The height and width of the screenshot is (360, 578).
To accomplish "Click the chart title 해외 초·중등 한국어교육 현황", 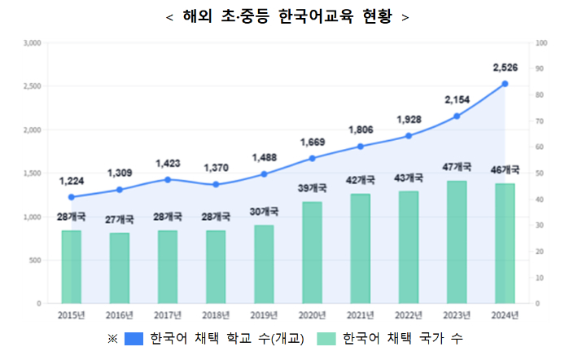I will click(x=287, y=17).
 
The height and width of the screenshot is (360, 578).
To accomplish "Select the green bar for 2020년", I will click(x=312, y=252).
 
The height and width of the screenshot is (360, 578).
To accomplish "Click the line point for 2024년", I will click(x=505, y=84).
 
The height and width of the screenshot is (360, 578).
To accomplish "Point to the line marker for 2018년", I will click(x=216, y=184).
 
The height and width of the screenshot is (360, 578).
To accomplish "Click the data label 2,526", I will click(x=505, y=66).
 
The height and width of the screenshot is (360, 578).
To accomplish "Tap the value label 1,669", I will click(x=312, y=142).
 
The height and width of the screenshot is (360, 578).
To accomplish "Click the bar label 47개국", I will click(x=457, y=167).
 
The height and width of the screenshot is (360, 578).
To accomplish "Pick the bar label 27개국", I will click(x=120, y=219).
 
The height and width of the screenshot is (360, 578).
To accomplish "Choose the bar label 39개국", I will click(x=312, y=188).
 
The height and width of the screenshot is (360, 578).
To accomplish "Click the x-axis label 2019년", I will click(x=264, y=314).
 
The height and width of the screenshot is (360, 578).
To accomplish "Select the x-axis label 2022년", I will click(x=409, y=314).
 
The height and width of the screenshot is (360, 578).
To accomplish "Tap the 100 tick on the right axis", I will click(x=542, y=42).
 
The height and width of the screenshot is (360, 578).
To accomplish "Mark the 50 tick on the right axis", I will click(x=541, y=173).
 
